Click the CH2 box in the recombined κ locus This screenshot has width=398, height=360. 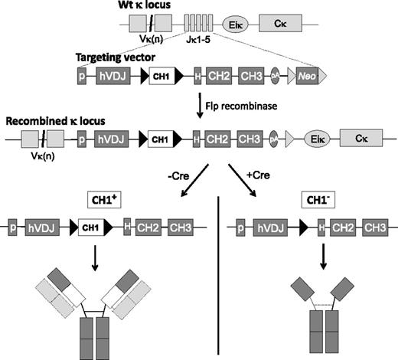point(223,142)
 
